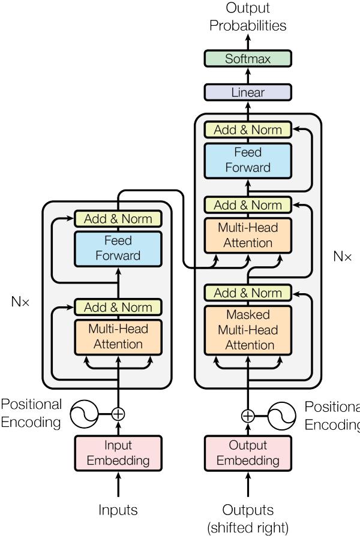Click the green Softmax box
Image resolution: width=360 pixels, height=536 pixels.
248,59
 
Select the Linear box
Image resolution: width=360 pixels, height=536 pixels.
248,92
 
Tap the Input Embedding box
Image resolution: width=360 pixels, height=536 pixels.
118,453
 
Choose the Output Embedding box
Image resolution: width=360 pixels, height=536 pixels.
248,453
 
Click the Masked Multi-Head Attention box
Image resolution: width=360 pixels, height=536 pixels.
248,330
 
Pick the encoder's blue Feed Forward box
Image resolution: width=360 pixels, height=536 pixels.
118,248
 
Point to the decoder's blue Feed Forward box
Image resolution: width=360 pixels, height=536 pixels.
248,160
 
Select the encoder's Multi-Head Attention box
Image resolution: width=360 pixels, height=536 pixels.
118,336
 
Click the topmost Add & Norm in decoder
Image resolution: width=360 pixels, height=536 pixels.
248,130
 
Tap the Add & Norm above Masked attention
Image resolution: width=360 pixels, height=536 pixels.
248,293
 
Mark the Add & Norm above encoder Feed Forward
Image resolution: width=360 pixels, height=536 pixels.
118,219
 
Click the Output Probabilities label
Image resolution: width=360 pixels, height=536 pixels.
248,17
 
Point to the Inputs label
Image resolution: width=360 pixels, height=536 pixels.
118,510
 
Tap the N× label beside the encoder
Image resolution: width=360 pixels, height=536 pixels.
19,302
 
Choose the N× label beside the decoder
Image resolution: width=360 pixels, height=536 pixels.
342,256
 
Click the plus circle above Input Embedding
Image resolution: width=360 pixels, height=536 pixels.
118,413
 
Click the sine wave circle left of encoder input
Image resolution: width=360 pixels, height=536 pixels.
85,413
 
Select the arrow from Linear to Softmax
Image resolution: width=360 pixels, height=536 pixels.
248,76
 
